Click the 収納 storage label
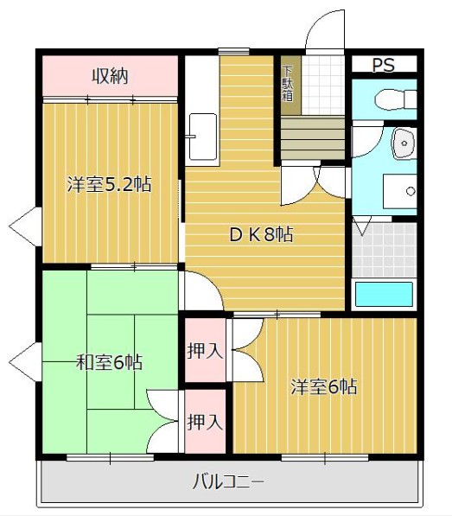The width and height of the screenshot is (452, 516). coord(110,76)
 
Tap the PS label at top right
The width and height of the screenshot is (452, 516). coord(383,65)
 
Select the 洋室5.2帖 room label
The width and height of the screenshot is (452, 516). coord(110,184)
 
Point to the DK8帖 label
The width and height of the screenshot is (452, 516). coord(259,234)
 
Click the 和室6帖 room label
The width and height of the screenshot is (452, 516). coord(108,362)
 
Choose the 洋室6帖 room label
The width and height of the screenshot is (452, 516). coord(323,386)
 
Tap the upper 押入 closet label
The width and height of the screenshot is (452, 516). coord(206,351)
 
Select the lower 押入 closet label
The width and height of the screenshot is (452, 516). coord(206,422)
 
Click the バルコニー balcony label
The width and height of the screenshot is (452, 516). coord(228,481)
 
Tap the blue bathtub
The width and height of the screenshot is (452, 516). coord(384,294)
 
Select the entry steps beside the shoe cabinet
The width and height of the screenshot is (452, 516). coord(312,139)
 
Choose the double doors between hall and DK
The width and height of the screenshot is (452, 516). coord(315,182)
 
